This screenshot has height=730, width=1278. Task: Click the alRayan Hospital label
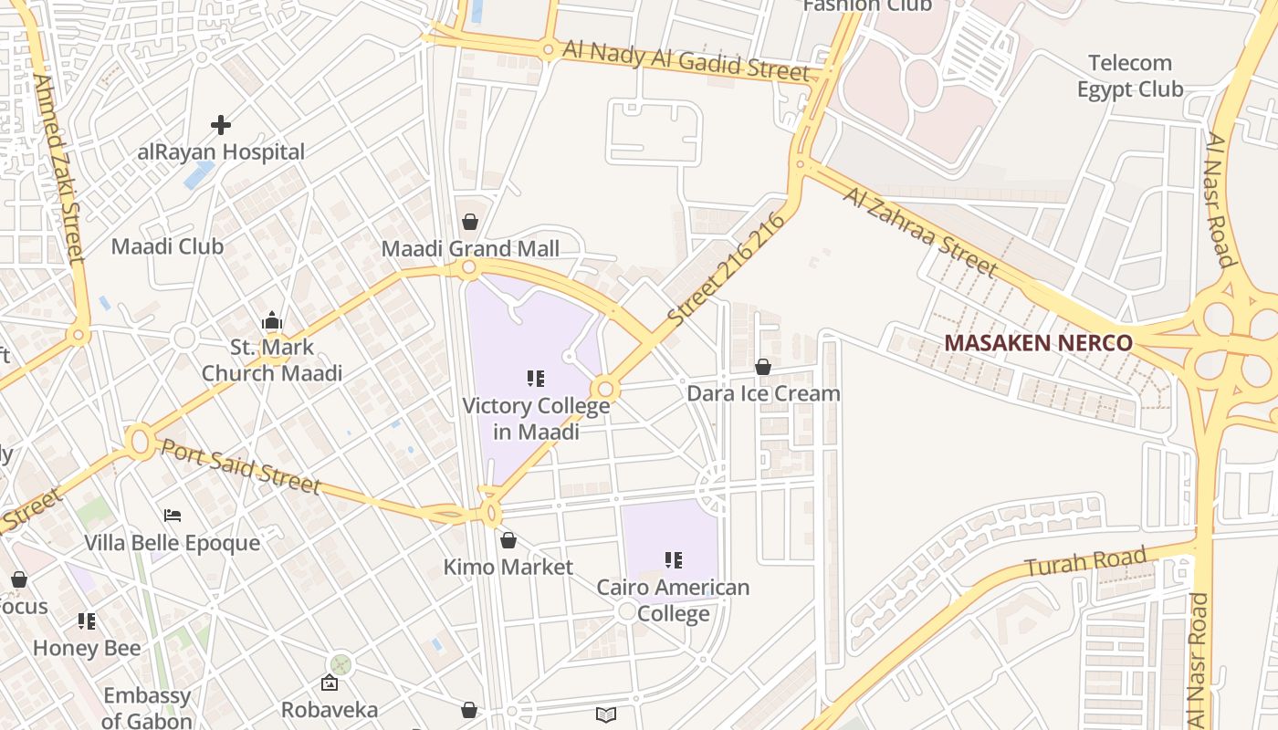click(221, 151)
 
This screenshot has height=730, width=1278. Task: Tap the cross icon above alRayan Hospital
click(221, 124)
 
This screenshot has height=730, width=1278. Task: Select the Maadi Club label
click(167, 246)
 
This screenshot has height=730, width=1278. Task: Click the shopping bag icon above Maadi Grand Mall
click(469, 222)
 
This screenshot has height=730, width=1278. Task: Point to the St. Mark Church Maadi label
click(272, 360)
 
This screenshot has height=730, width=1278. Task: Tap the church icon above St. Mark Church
click(271, 320)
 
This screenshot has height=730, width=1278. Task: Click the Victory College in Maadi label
click(536, 419)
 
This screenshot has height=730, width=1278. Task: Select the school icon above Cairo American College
click(674, 559)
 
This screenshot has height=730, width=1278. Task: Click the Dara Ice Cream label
click(763, 393)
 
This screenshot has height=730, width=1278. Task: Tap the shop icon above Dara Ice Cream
click(763, 367)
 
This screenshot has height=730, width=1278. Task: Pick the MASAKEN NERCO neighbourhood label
click(1038, 343)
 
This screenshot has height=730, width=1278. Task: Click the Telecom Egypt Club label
click(1130, 76)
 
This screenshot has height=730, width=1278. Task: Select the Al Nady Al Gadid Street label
click(686, 60)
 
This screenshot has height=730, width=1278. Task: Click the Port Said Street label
click(241, 466)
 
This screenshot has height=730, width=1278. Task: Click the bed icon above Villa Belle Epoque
click(173, 516)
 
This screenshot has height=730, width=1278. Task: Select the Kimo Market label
click(508, 567)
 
